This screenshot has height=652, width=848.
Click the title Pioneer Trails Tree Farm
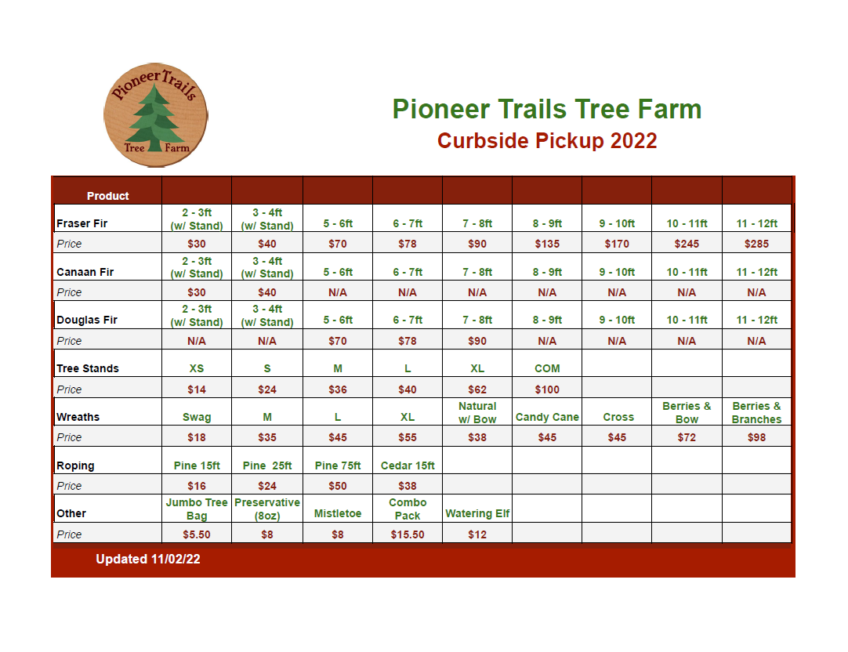pyautogui.click(x=547, y=109)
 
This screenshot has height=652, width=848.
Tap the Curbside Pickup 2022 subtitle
pyautogui.click(x=547, y=141)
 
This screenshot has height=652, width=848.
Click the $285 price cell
pyautogui.click(x=756, y=244)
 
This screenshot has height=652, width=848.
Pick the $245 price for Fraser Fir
pyautogui.click(x=687, y=244)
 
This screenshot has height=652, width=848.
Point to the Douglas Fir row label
pyautogui.click(x=86, y=320)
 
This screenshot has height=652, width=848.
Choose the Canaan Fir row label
pyautogui.click(x=85, y=272)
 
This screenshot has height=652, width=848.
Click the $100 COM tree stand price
pyautogui.click(x=547, y=389)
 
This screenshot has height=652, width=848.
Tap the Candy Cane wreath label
pyautogui.click(x=547, y=417)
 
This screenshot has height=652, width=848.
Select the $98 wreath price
pyautogui.click(x=756, y=437)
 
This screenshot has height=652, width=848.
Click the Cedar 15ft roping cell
pyautogui.click(x=408, y=465)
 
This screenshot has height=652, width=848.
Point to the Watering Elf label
pyautogui.click(x=477, y=513)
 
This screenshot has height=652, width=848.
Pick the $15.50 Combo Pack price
pyautogui.click(x=408, y=534)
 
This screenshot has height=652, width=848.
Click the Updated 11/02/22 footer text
pyautogui.click(x=147, y=559)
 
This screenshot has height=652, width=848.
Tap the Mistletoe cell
pyautogui.click(x=338, y=513)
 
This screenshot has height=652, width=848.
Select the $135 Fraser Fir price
pyautogui.click(x=547, y=244)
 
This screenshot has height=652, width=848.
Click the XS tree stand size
pyautogui.click(x=196, y=368)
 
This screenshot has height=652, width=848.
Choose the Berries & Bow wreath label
pyautogui.click(x=687, y=412)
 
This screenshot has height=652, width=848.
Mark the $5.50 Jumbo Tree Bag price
pyautogui.click(x=196, y=534)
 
